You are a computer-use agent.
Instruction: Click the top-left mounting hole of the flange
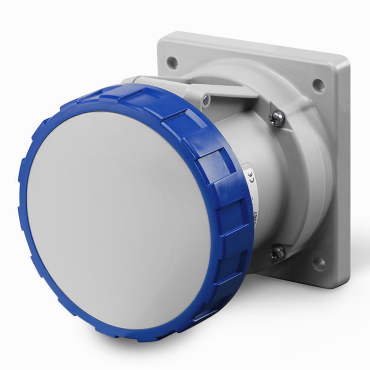pyautogui.click(x=173, y=60)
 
